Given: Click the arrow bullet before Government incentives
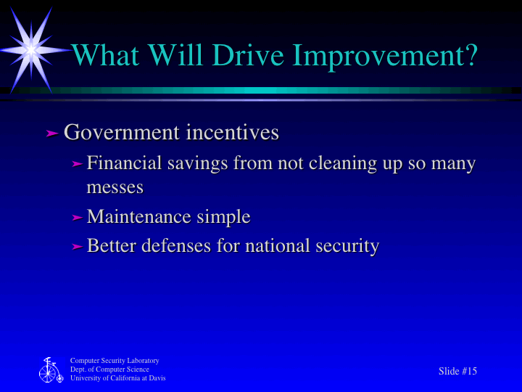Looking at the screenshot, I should (x=51, y=134).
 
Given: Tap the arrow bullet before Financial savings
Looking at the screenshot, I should (x=78, y=165).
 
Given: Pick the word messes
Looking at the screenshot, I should (x=115, y=187).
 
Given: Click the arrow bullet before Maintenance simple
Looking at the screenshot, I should (x=78, y=218).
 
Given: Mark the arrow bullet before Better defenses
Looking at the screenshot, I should (x=78, y=248).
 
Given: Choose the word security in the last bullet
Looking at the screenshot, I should (x=347, y=246).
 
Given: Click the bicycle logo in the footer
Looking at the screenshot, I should (x=49, y=370).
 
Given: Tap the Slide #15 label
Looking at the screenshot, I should (x=458, y=372).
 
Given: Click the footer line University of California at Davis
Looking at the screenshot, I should (x=117, y=378).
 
